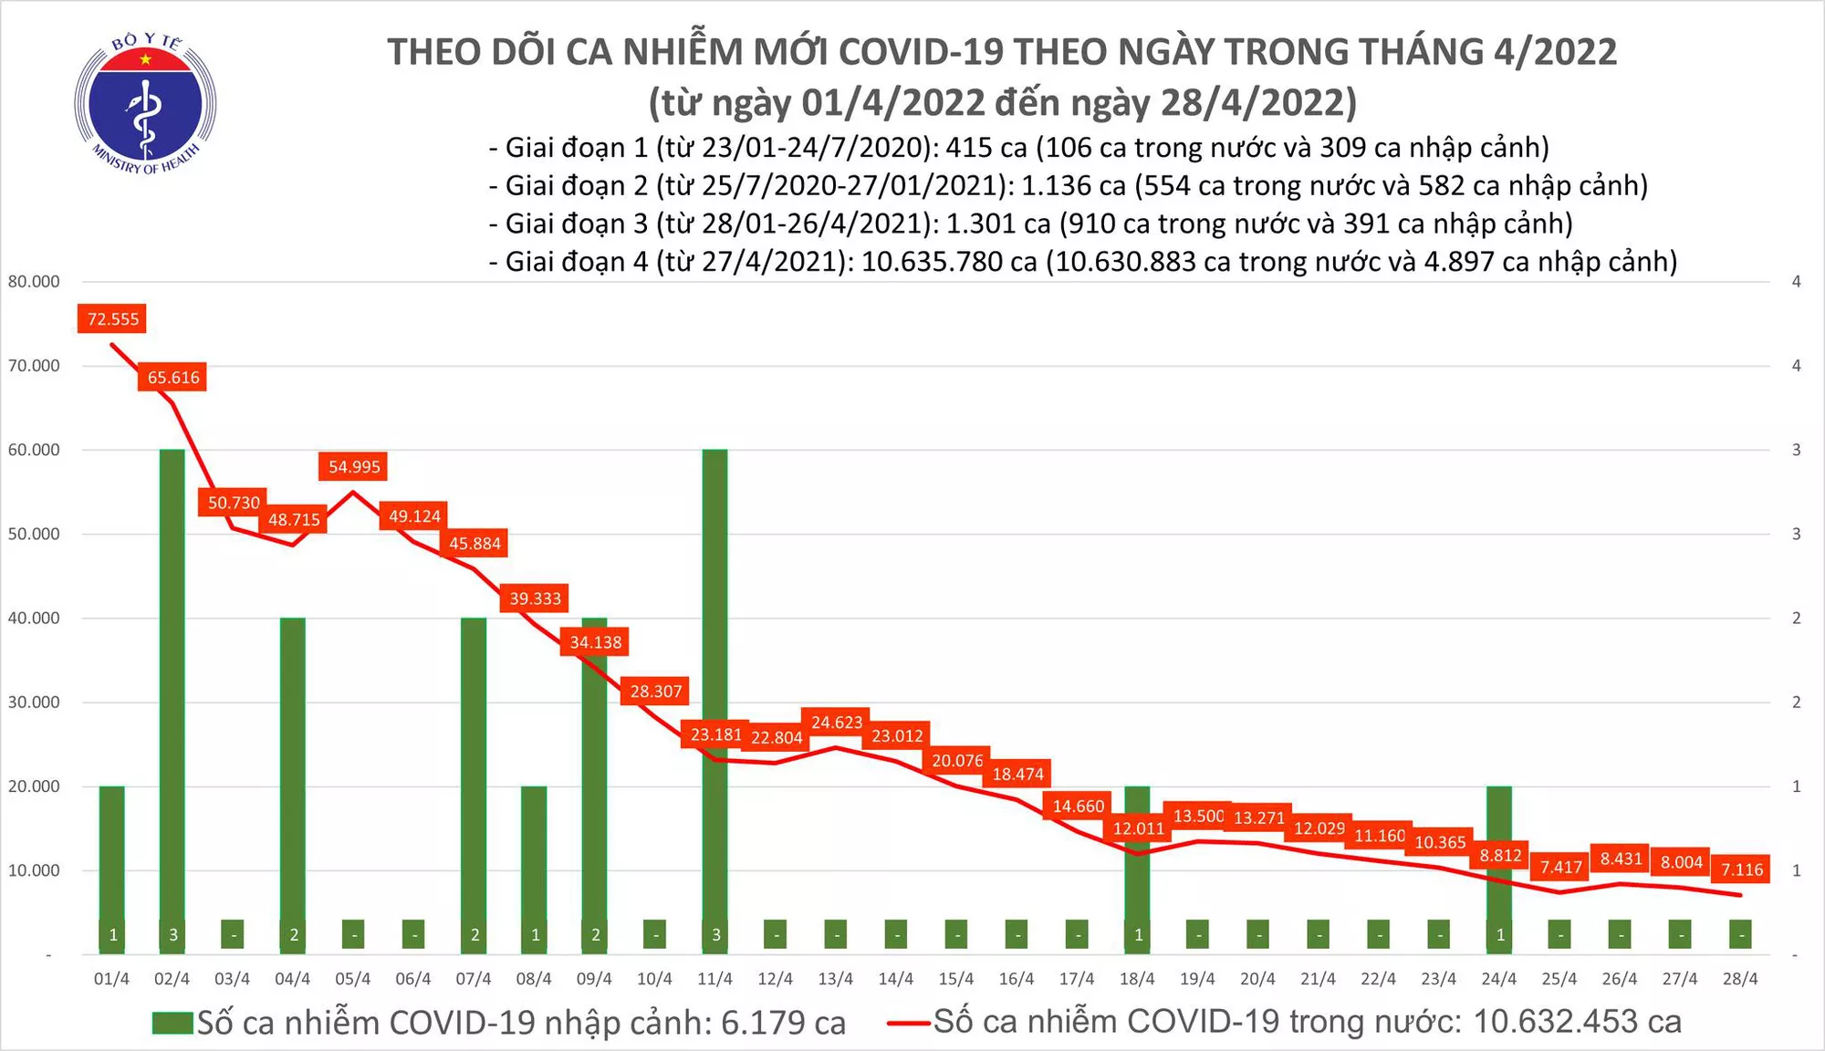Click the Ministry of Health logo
pos(145,103)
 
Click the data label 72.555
pos(113,318)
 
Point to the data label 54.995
pos(354,466)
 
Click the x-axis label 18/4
pos(1137,979)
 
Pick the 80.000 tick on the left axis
pos(34,281)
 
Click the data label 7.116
pos(1741,869)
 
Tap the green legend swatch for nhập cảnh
pos(172,1023)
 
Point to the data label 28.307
pos(656,692)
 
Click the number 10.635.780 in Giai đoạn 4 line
pos(949,262)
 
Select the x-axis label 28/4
pos(1739,979)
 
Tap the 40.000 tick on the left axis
pos(34,618)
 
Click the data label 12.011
pos(1138,828)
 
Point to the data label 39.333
pos(536,598)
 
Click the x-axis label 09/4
pos(594,979)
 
